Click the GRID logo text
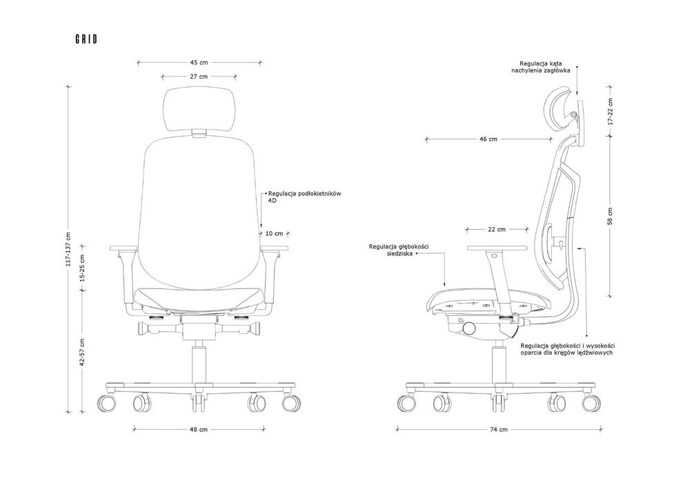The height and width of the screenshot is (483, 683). tap(86, 39)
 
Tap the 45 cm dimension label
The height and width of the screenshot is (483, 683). tap(199, 63)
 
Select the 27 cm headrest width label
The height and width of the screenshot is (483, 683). tap(199, 77)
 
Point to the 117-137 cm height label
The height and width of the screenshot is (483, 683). tap(68, 248)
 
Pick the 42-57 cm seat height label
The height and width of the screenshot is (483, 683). tap(83, 352)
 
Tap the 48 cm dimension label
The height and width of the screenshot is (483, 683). tap(199, 429)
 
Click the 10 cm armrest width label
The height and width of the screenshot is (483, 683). tap(274, 233)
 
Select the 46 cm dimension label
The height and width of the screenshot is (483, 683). tap(488, 139)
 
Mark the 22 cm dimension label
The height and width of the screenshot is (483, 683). tap(497, 229)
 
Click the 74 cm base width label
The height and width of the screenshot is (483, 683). tap(499, 429)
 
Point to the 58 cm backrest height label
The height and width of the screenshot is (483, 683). tap(610, 216)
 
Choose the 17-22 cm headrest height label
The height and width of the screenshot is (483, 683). tap(610, 111)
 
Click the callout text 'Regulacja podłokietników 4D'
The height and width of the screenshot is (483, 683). tap(304, 197)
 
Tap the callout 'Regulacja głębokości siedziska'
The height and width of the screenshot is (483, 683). tap(399, 250)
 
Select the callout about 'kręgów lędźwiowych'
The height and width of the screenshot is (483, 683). tap(567, 349)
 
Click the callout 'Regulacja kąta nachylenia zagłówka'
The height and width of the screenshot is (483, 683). tap(541, 67)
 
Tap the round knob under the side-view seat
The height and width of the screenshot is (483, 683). tap(470, 328)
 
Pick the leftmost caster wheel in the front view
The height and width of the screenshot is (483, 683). tap(107, 403)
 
